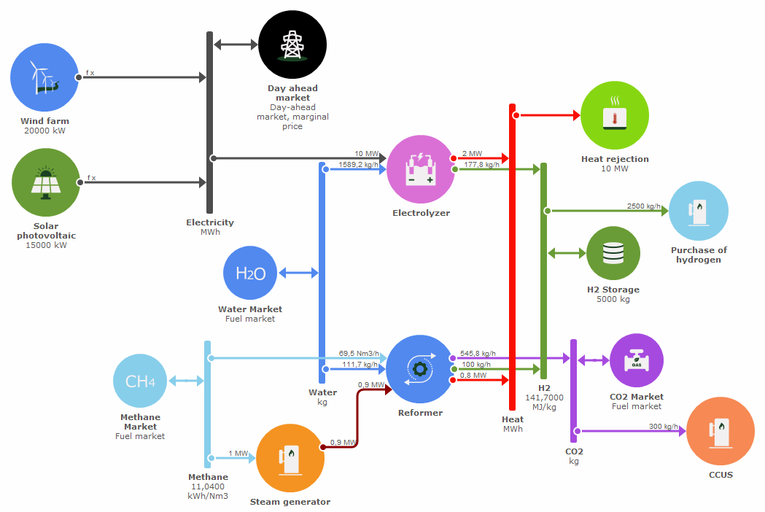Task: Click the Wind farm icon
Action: click(x=44, y=77)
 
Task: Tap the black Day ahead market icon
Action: click(x=292, y=45)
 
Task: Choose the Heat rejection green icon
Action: click(x=615, y=116)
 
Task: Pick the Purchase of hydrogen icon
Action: click(x=699, y=211)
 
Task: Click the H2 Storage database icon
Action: click(x=613, y=253)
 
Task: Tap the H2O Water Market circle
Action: click(x=250, y=274)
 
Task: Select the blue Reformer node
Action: click(x=419, y=369)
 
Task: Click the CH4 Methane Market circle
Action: click(x=140, y=381)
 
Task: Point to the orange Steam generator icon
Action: click(x=290, y=458)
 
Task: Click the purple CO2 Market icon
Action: click(x=637, y=360)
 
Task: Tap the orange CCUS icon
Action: click(x=721, y=432)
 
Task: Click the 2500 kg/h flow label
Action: click(x=643, y=206)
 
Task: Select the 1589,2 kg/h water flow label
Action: click(x=358, y=164)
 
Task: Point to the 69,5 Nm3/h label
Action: click(x=358, y=353)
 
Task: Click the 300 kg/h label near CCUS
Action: click(x=663, y=427)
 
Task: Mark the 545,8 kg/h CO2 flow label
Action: click(x=478, y=353)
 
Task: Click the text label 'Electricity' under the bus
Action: click(x=210, y=222)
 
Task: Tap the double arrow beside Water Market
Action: click(x=299, y=274)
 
